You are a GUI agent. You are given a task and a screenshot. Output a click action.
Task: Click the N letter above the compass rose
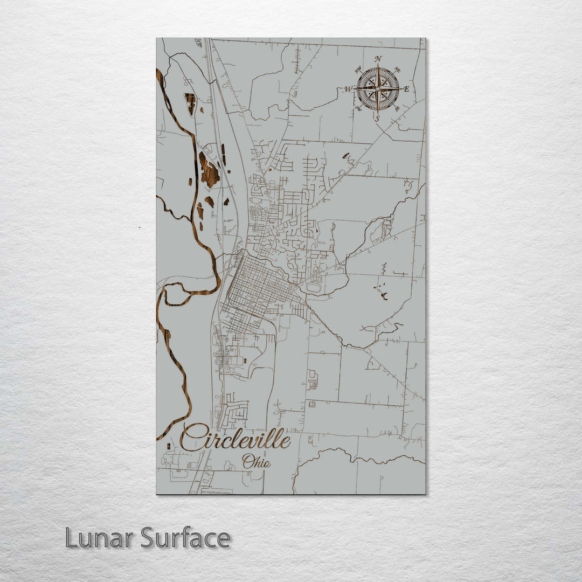(x=378, y=59)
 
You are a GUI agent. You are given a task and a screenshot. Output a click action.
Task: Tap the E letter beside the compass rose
(x=406, y=89)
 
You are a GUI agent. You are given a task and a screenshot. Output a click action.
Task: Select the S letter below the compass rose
(x=377, y=118)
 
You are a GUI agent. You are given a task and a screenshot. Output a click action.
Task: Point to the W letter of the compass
(x=349, y=89)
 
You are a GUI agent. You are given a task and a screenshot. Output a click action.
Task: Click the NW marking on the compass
(x=358, y=70)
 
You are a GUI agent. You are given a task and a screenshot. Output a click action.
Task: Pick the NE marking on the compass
(x=397, y=70)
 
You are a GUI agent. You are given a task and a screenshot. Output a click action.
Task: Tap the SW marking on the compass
(x=358, y=108)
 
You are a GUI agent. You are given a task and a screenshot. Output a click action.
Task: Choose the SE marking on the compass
(x=397, y=108)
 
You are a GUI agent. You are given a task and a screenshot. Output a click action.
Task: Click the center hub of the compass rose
(x=378, y=88)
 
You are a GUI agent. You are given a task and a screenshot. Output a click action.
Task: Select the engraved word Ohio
(x=256, y=462)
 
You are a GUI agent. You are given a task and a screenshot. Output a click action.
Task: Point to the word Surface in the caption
(x=185, y=538)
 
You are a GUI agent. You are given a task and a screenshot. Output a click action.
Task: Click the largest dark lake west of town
(x=209, y=170)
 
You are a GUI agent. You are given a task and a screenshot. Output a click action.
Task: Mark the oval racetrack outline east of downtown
(x=314, y=288)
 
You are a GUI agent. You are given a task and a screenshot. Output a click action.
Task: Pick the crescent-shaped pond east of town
(x=384, y=295)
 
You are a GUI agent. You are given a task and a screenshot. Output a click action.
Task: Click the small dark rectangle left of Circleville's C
(x=168, y=446)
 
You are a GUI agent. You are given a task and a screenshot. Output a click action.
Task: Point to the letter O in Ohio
(x=248, y=461)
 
